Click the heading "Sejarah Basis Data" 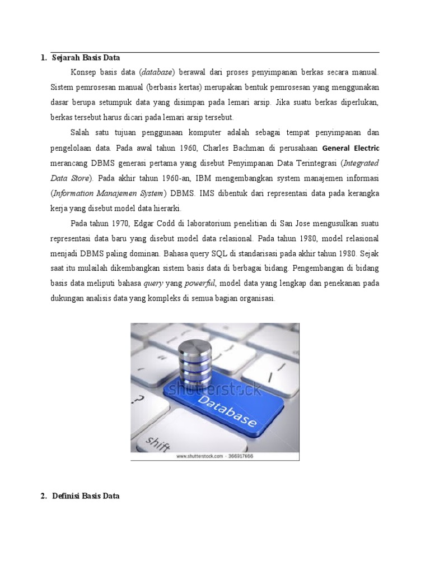pos(86,58)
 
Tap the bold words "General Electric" pos(351,149)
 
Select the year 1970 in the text pos(119,224)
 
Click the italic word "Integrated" pos(361,163)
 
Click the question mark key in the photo pos(139,399)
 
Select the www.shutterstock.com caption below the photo pos(214,456)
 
